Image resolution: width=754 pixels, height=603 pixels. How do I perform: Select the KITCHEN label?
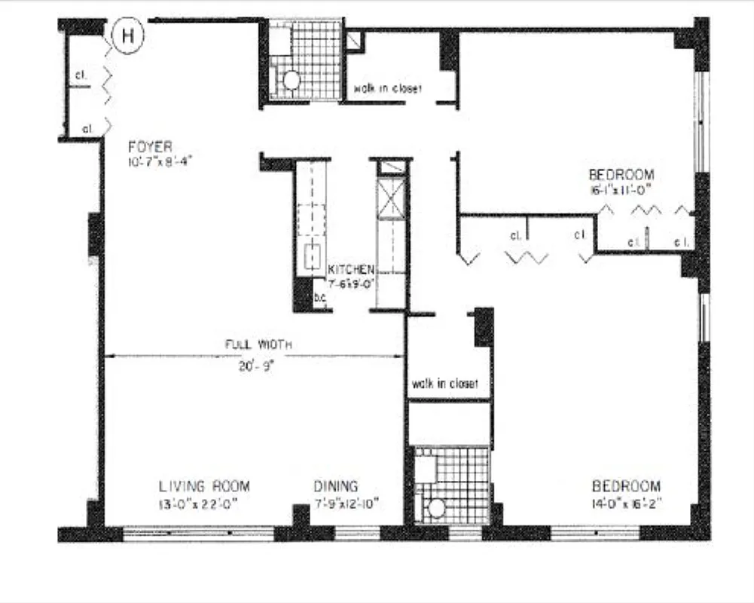(351, 270)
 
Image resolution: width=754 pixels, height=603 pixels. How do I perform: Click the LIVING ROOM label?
(204, 487)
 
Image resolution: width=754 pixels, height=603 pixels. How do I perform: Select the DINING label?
(336, 487)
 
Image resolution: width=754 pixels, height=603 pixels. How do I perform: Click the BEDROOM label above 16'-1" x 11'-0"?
(621, 175)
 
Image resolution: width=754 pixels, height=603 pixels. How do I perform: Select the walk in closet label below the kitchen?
(444, 384)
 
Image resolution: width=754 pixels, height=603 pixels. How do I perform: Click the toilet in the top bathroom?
(291, 80)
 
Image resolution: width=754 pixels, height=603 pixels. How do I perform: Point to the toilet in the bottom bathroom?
(436, 509)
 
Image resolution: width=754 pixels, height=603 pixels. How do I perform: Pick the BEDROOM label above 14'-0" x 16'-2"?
(626, 486)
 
